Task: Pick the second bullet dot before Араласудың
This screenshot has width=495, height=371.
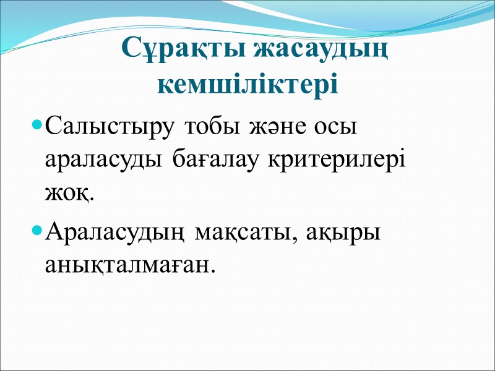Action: (x=36, y=231)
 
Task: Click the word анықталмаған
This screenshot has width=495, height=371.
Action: (x=127, y=265)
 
